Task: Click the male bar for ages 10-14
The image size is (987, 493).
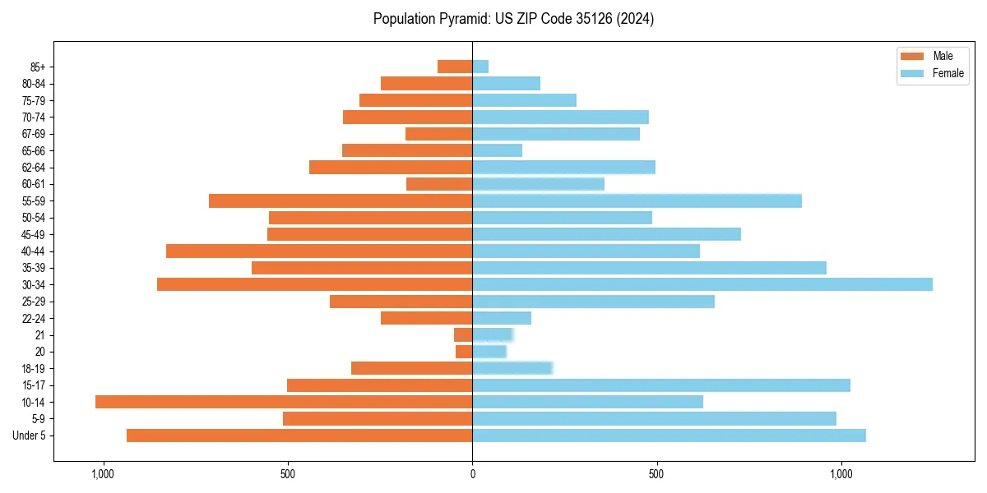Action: pos(284,402)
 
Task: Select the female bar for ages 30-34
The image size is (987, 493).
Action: pos(702,284)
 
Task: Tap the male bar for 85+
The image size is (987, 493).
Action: pos(455,67)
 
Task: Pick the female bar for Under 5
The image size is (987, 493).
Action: pos(669,435)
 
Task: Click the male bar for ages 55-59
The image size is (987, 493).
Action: pos(341,200)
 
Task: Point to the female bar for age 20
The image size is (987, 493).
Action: pos(489,352)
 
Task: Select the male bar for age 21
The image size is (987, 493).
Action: pos(463,334)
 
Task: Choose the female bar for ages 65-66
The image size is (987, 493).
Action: pos(497,150)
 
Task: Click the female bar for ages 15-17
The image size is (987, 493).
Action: pos(661,385)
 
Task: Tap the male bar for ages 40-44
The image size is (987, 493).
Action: pos(319,251)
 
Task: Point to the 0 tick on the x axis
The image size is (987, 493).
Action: pos(472,474)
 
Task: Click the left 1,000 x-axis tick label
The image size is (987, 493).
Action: pos(103,474)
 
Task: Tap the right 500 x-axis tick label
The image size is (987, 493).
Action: pos(656,474)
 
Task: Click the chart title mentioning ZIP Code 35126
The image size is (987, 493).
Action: pos(513,19)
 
